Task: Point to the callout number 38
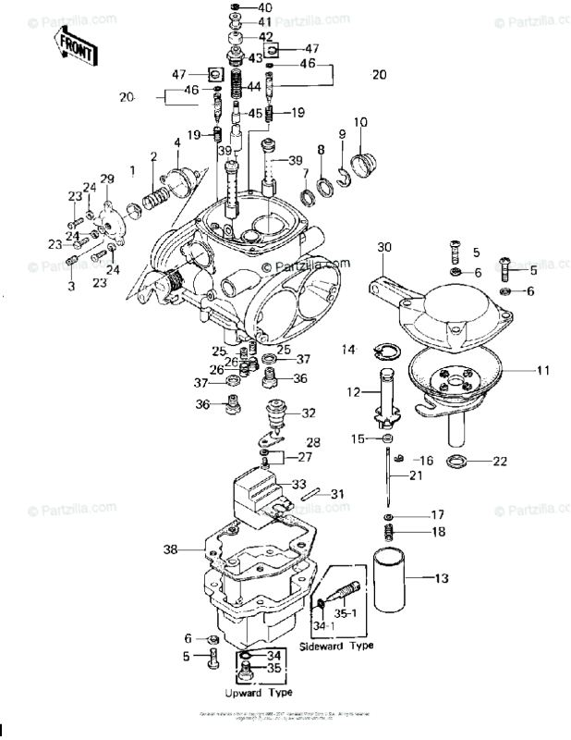169,549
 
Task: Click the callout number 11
542,370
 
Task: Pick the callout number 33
298,484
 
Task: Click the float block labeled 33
261,487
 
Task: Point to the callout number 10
359,122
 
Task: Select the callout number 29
106,179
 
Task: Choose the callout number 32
308,413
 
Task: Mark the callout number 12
352,392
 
